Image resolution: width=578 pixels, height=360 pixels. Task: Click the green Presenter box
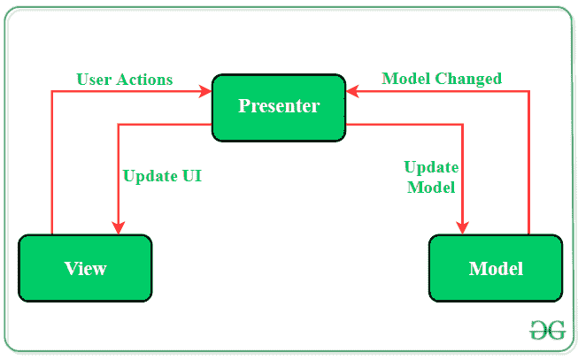(x=279, y=107)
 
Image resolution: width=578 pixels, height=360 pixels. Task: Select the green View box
(x=85, y=269)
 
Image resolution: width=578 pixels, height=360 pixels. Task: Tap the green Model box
(x=496, y=269)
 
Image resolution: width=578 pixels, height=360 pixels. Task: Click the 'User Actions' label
(x=125, y=79)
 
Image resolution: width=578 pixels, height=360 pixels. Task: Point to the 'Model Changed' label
(x=442, y=79)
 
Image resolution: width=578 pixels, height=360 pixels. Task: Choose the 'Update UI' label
(x=162, y=176)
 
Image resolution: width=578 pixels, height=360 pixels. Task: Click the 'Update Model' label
(x=430, y=177)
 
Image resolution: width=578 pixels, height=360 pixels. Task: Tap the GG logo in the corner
(x=547, y=330)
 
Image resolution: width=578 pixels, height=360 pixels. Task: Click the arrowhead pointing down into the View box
(x=118, y=227)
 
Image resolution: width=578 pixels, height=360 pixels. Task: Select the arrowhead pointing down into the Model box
(x=463, y=227)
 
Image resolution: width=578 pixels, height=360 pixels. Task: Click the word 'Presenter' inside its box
(x=279, y=106)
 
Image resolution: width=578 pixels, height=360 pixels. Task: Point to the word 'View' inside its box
(x=85, y=269)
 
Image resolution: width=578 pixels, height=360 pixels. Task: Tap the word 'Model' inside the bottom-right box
(x=496, y=269)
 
